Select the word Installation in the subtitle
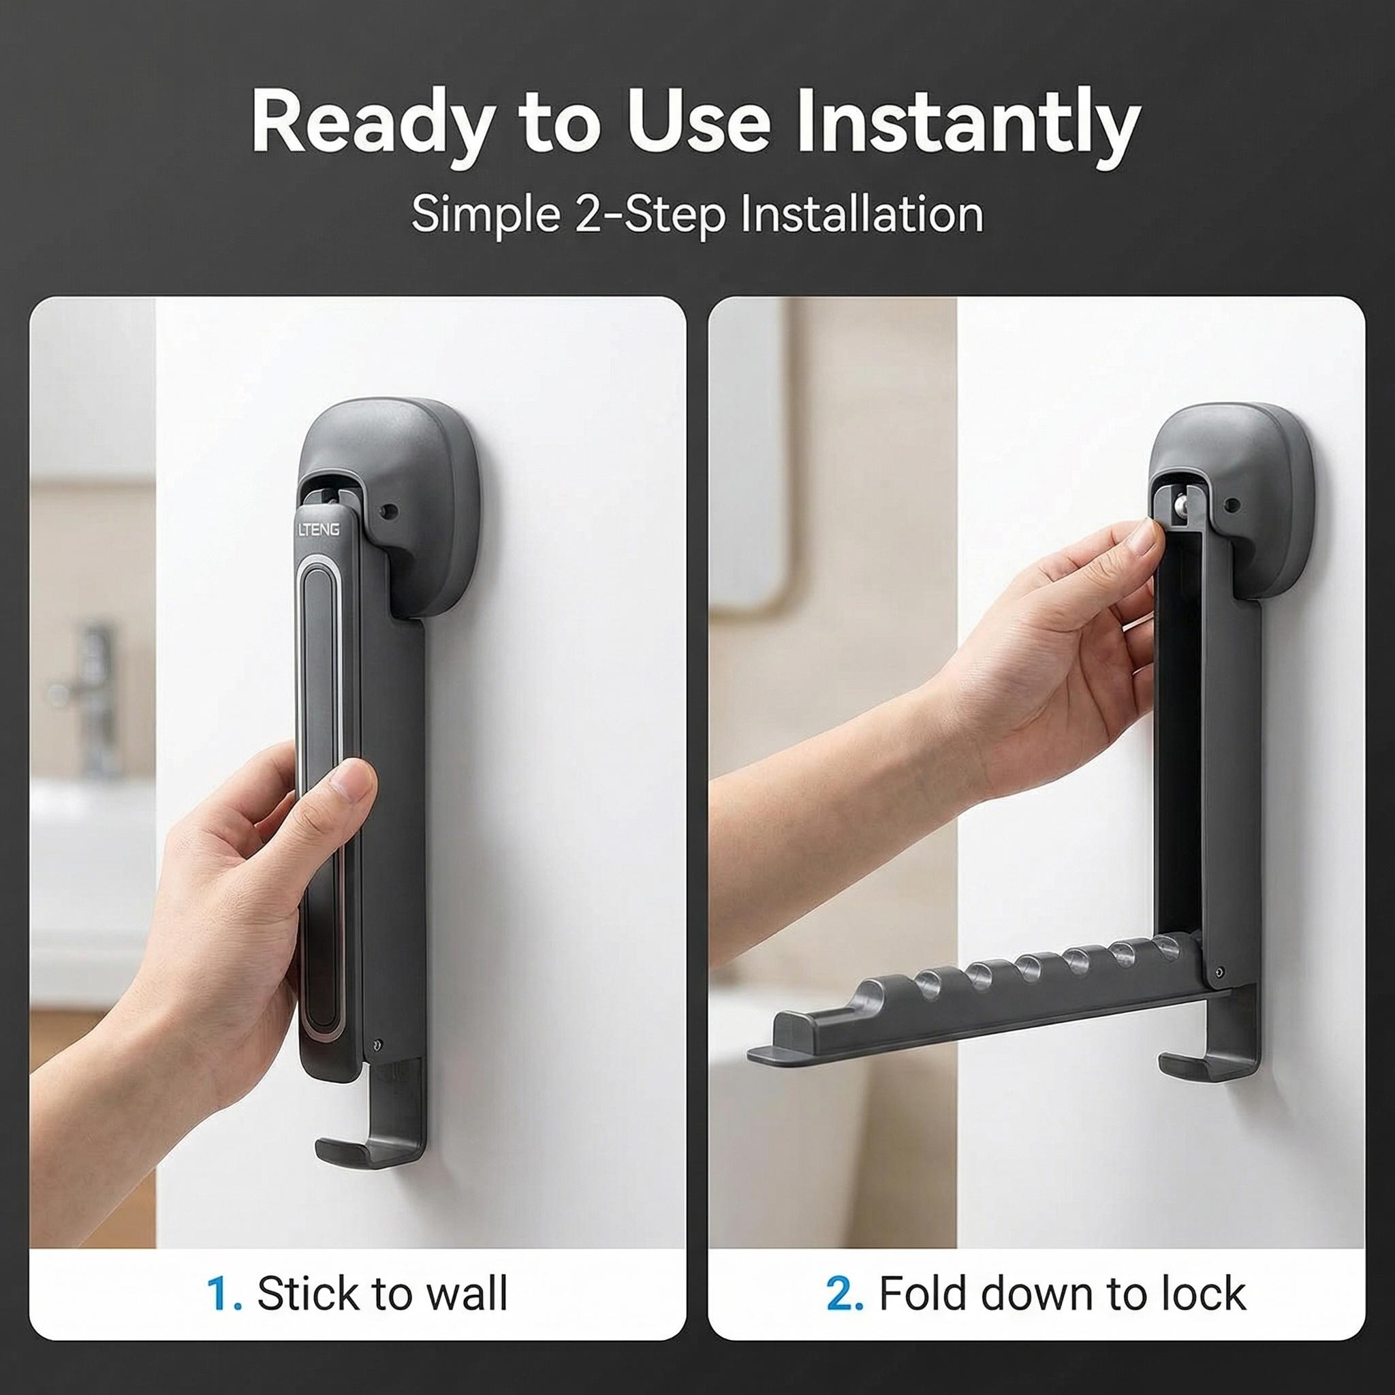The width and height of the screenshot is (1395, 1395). [x=862, y=215]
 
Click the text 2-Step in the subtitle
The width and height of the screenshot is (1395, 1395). [x=648, y=215]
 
